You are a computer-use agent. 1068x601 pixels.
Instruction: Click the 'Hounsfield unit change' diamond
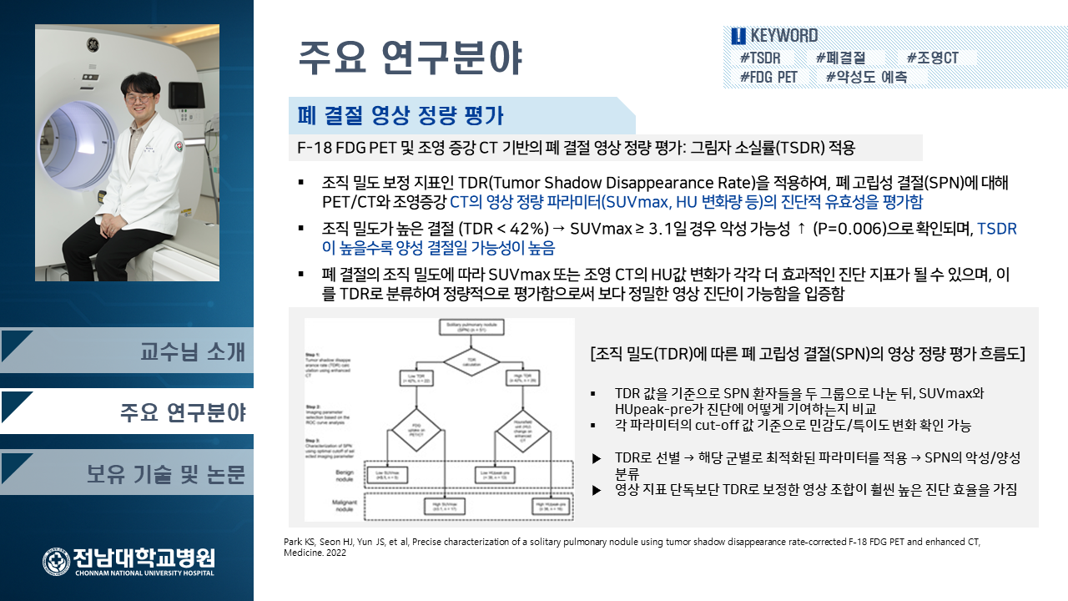525,431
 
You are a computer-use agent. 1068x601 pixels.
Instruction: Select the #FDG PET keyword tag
768,77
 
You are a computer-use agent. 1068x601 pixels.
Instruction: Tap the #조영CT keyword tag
933,58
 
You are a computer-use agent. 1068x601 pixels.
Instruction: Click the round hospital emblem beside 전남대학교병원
57,561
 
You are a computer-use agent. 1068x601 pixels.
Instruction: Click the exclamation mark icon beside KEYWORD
738,36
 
